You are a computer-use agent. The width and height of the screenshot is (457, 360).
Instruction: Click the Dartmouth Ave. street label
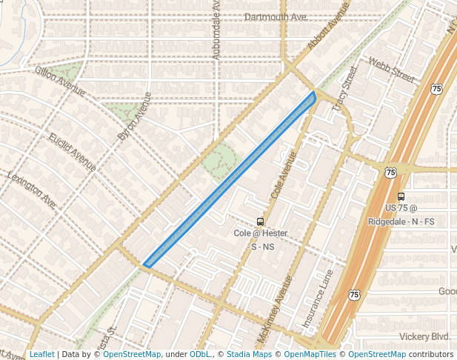[x=276, y=16]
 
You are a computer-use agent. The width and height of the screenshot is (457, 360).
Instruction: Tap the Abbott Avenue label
[x=328, y=29]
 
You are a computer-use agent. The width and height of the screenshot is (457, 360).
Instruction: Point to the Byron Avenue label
[x=134, y=116]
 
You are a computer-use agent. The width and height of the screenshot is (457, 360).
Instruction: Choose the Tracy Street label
[x=345, y=89]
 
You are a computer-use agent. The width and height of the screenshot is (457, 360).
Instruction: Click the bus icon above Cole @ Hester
[x=260, y=221]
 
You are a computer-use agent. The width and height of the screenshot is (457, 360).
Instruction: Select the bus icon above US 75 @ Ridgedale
[x=401, y=197]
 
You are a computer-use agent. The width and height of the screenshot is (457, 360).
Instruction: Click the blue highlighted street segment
[x=230, y=179]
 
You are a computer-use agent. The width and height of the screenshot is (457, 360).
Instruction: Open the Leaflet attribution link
[x=42, y=355]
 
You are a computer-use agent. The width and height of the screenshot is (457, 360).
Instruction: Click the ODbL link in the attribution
[x=200, y=355]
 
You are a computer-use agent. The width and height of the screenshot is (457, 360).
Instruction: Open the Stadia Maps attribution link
[x=249, y=355]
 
